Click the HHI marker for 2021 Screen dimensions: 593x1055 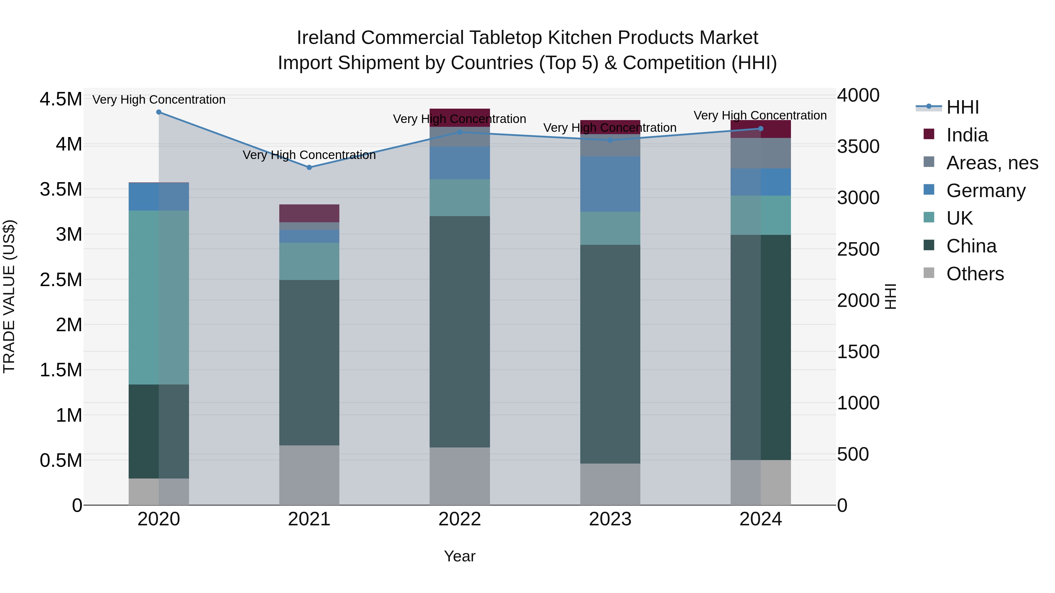pos(309,168)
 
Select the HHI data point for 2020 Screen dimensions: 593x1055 pos(159,112)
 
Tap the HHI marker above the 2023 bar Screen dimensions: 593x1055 pos(610,140)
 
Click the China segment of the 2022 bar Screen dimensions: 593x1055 pos(460,331)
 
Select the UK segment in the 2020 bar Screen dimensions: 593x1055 pos(159,298)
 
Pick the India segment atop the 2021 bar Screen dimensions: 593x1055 pos(309,213)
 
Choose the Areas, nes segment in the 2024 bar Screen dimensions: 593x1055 pos(760,153)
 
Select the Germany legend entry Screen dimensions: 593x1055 pos(985,191)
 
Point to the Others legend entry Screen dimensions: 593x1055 pos(975,274)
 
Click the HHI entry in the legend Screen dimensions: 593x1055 pos(962,107)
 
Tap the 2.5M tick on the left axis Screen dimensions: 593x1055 pos(61,280)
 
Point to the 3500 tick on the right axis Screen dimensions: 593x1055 pos(858,146)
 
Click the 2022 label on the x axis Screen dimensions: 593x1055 pos(460,519)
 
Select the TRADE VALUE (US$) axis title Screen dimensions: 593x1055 pos(9,296)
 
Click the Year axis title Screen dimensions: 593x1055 pos(460,556)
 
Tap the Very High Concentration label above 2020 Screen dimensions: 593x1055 pos(159,100)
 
